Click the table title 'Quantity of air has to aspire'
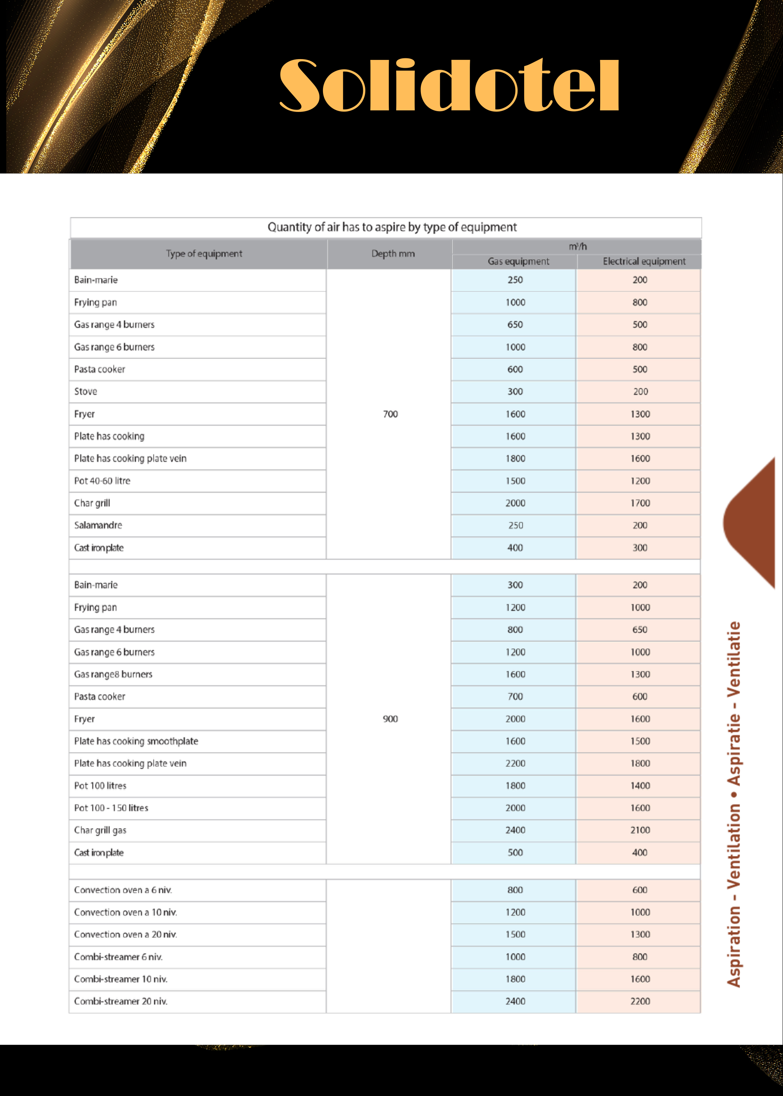tap(391, 227)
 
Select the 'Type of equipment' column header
tap(204, 254)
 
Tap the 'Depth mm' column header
tap(393, 254)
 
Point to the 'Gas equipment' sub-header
tap(518, 261)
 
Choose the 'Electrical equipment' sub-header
tap(644, 261)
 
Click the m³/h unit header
tap(577, 246)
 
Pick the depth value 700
tap(390, 414)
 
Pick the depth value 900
tap(390, 719)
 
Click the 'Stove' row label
tap(86, 391)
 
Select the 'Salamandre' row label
tap(98, 525)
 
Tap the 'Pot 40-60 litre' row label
tap(102, 481)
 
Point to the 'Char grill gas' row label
tap(100, 830)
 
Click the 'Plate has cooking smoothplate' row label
tap(136, 741)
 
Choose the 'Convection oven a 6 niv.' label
tap(123, 890)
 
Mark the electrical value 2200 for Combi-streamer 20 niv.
tap(640, 1001)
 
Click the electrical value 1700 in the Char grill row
tap(640, 503)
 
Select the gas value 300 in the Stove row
tap(515, 391)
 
